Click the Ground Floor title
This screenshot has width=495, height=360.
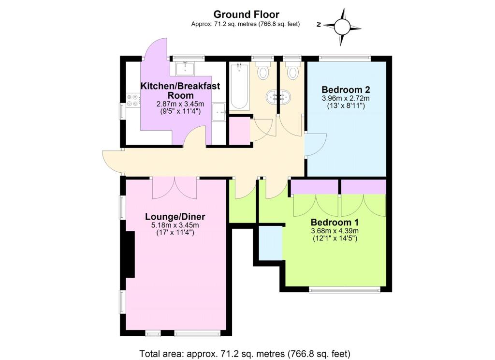246,15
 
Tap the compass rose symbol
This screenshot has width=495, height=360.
342,27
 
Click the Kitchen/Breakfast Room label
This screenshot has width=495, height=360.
180,90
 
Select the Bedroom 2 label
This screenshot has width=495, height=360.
346,90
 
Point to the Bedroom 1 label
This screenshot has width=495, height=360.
335,222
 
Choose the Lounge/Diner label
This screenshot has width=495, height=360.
175,216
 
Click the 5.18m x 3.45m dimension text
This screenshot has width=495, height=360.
175,225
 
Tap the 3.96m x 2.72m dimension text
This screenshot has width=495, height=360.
346,98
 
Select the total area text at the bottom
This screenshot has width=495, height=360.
245,353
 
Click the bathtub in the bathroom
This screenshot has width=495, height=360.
239,86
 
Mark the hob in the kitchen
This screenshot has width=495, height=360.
132,101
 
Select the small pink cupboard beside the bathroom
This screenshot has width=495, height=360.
239,131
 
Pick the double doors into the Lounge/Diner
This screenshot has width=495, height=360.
175,188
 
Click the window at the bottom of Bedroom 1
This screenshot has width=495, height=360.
345,289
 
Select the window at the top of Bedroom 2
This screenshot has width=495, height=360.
345,58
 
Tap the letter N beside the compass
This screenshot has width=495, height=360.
319,25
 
